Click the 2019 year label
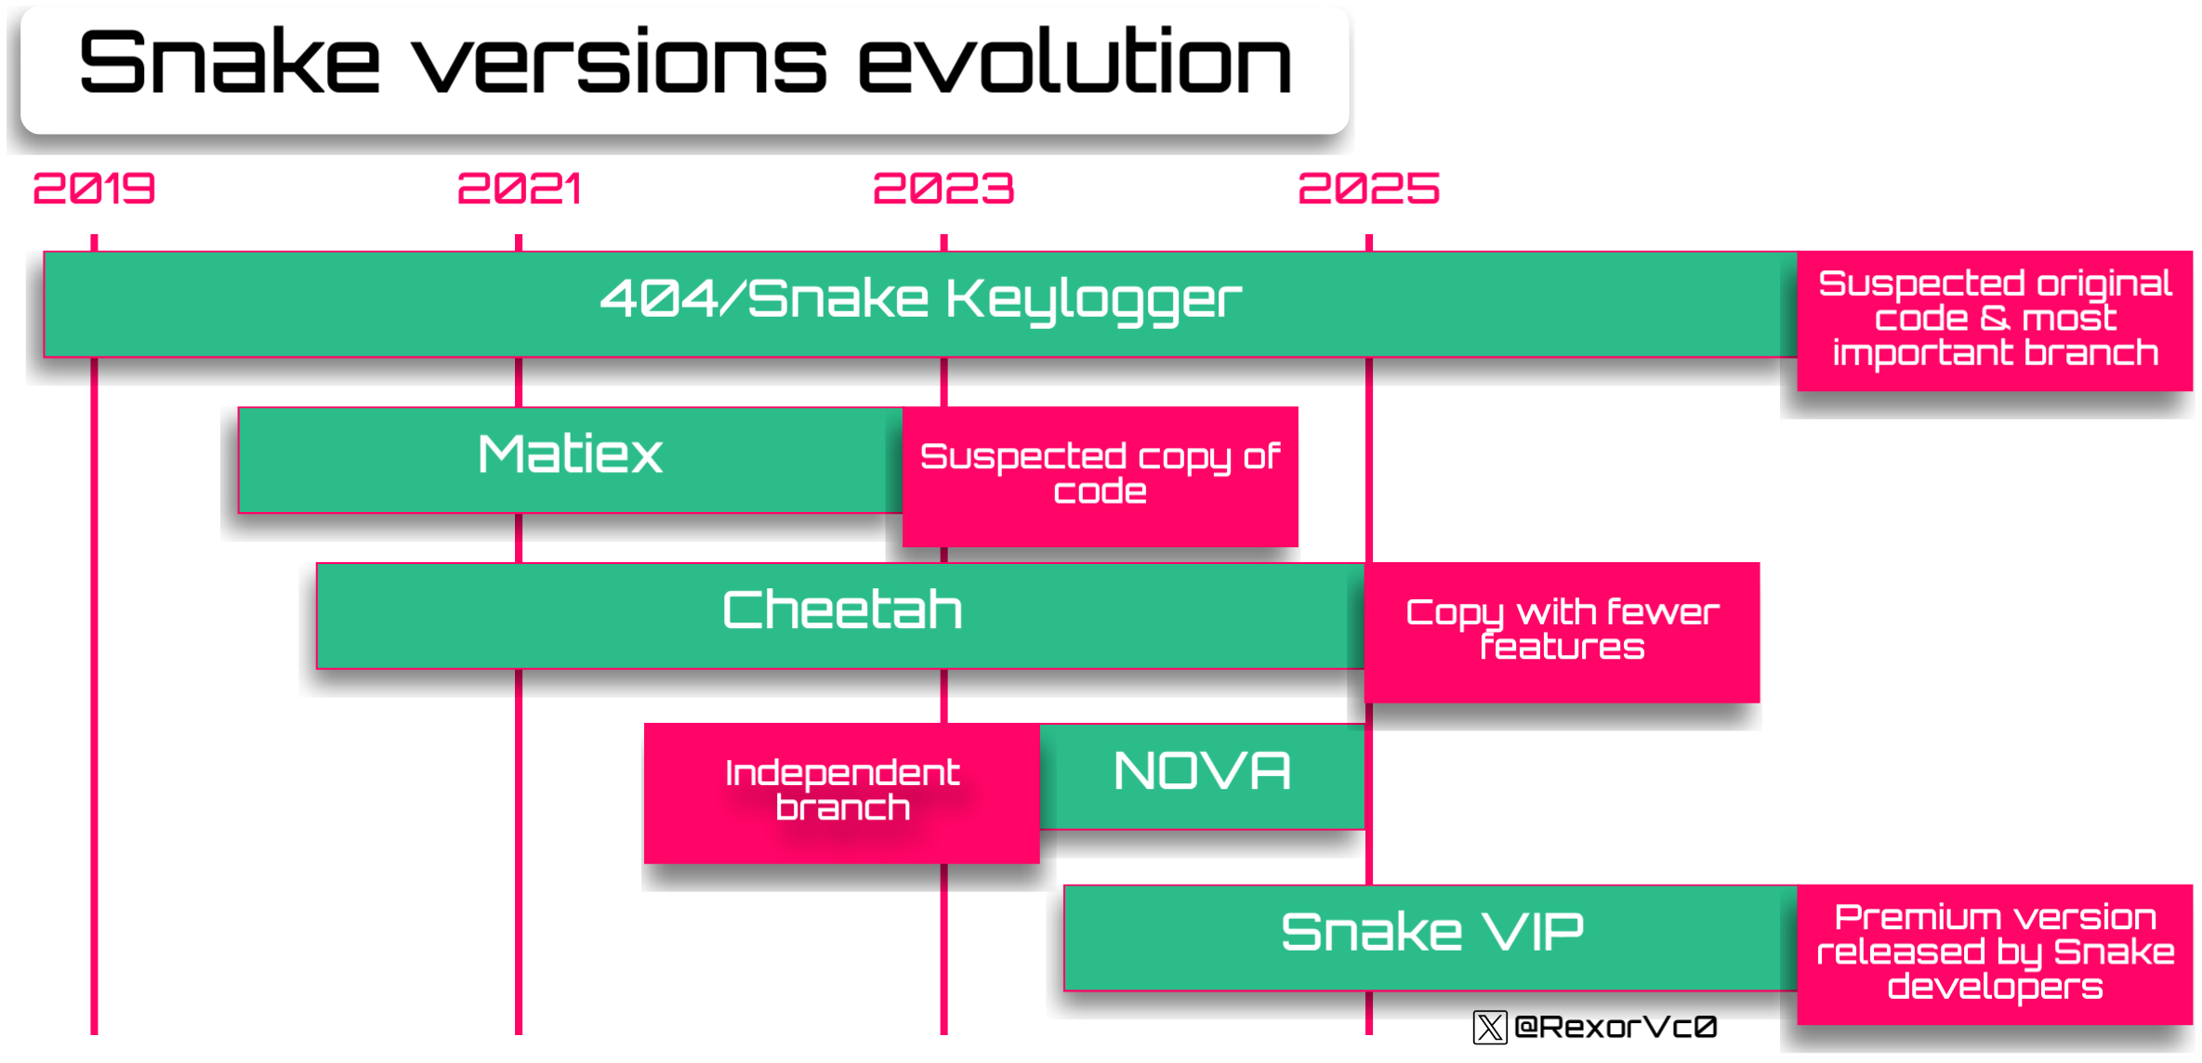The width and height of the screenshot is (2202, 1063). [x=94, y=189]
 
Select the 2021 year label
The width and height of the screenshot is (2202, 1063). [x=519, y=189]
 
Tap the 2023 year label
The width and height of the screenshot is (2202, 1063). [x=943, y=189]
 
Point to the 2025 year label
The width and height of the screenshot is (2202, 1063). [x=1368, y=189]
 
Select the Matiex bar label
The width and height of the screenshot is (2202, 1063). [x=570, y=454]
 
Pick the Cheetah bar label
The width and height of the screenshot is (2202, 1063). [x=842, y=610]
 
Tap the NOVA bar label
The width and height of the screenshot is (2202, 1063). [x=1202, y=771]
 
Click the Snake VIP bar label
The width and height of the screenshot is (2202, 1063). [x=1431, y=932]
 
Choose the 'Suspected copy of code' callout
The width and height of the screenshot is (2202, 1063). [x=1101, y=477]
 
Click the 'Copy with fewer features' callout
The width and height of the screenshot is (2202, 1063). [x=1562, y=632]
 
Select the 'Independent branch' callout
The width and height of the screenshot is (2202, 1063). [x=842, y=793]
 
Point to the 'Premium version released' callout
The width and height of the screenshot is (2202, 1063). [x=1995, y=954]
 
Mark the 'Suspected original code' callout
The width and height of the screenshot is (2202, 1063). [x=1995, y=321]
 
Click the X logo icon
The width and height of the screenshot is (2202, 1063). [x=1490, y=1027]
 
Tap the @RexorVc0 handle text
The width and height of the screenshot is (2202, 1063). [x=1615, y=1027]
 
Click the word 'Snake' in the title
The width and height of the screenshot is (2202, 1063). [x=230, y=62]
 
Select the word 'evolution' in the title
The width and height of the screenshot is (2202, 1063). [x=1075, y=62]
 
